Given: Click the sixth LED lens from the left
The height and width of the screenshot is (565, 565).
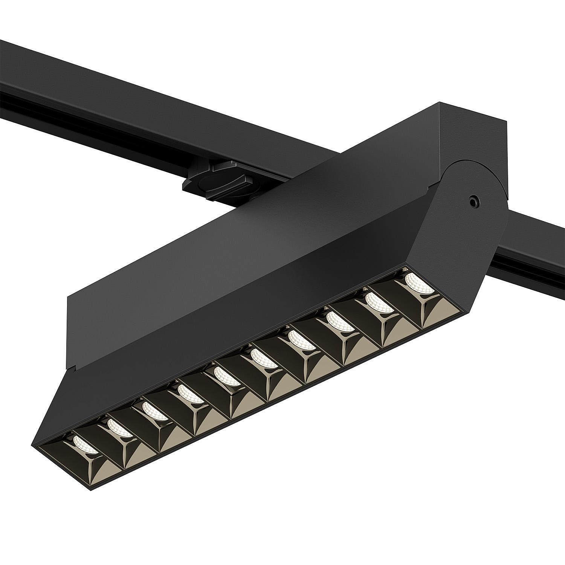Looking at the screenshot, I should [264, 358].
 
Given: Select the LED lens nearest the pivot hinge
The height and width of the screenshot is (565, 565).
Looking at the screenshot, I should [419, 282].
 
